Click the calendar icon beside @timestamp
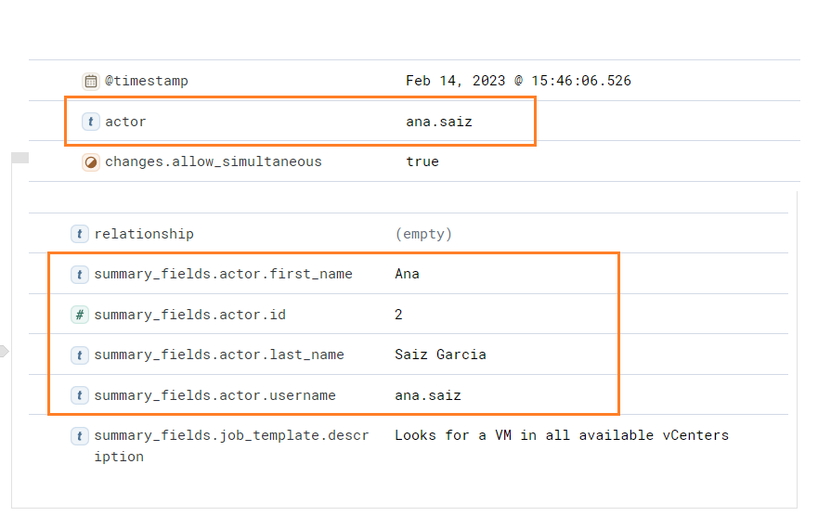pyautogui.click(x=91, y=81)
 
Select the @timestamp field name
pyautogui.click(x=147, y=81)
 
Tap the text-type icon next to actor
pyautogui.click(x=91, y=122)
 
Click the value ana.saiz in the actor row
pyautogui.click(x=439, y=122)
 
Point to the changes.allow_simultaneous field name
pyautogui.click(x=213, y=161)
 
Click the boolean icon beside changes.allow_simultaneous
pyautogui.click(x=91, y=162)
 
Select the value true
pyautogui.click(x=422, y=161)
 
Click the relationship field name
pyautogui.click(x=144, y=234)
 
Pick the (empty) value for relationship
pyautogui.click(x=423, y=234)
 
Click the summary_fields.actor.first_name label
pyautogui.click(x=223, y=274)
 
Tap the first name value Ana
pyautogui.click(x=407, y=274)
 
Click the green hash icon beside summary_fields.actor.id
pyautogui.click(x=80, y=315)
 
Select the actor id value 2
pyautogui.click(x=398, y=315)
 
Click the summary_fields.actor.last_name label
pyautogui.click(x=219, y=355)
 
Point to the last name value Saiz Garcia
pyautogui.click(x=440, y=355)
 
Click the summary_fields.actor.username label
pyautogui.click(x=214, y=395)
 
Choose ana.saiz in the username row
pyautogui.click(x=428, y=395)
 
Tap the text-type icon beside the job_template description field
pyautogui.click(x=80, y=436)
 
